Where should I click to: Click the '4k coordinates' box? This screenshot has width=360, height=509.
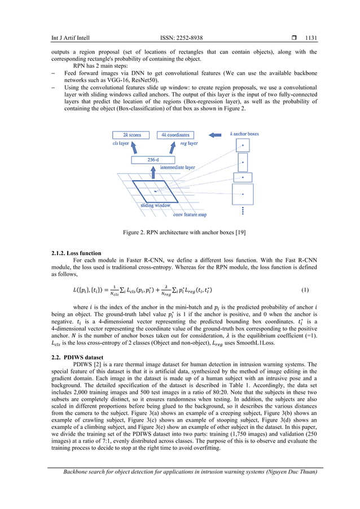coord(175,135)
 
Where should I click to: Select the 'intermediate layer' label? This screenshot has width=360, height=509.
coord(178,168)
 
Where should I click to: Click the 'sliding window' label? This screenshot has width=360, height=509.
coord(155,205)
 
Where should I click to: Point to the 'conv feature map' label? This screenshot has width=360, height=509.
coord(190,214)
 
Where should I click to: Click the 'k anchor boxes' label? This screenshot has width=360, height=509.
coord(244,134)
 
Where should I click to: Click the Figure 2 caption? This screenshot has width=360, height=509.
coord(180,232)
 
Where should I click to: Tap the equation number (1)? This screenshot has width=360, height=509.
coord(305,290)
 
